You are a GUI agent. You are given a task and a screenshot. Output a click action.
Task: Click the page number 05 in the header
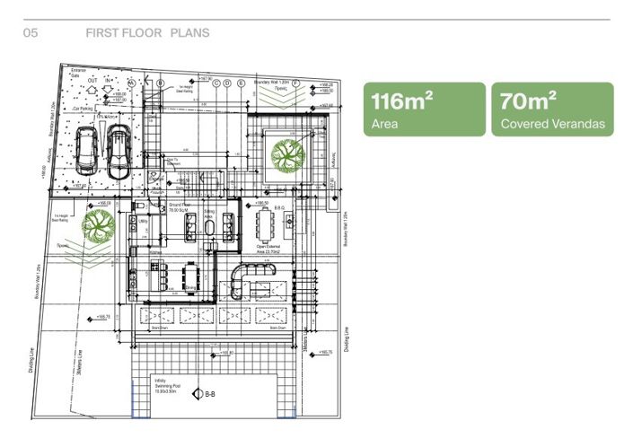point(29,33)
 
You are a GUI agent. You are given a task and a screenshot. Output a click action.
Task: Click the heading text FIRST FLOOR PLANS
point(147,33)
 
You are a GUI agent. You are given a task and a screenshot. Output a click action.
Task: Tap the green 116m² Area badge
point(423,110)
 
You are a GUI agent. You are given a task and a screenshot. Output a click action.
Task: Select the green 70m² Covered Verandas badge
point(552,110)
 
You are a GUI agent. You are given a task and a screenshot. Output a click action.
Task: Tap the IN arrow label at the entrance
point(109,79)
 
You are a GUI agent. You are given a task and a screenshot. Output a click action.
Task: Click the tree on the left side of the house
point(97,226)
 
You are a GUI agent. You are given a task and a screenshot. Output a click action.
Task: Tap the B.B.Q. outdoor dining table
point(263,221)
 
